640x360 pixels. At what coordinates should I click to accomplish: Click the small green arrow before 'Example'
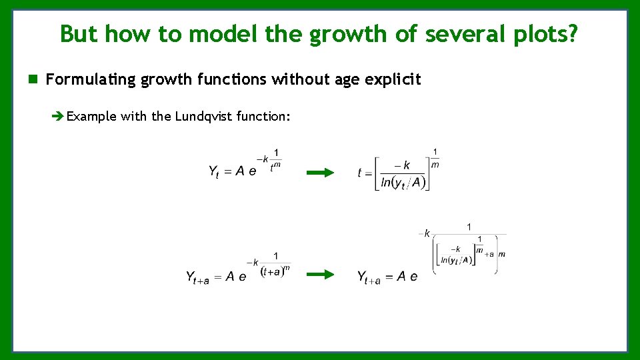pos(58,117)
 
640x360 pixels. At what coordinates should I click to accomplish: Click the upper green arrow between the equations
pos(320,173)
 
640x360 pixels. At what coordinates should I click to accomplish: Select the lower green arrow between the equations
pos(320,274)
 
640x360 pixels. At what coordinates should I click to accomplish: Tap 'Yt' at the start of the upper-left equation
pos(213,172)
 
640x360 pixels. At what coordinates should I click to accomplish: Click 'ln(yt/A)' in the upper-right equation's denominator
pos(403,183)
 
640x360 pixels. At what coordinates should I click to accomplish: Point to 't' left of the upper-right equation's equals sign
pos(360,173)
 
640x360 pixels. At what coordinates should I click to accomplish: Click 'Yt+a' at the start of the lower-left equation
pos(197,277)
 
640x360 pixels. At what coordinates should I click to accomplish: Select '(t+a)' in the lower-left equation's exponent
pos(272,271)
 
